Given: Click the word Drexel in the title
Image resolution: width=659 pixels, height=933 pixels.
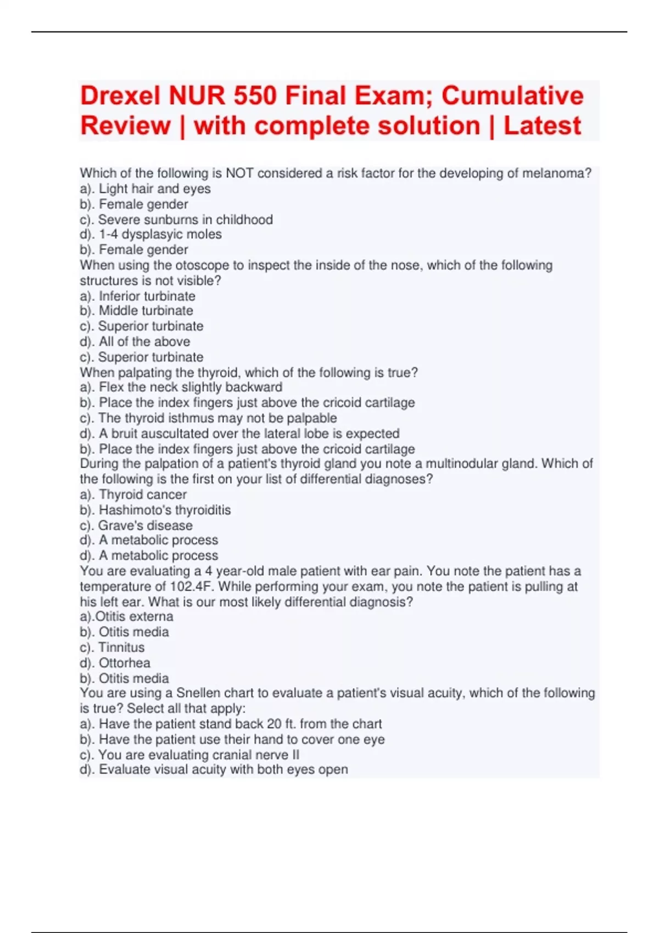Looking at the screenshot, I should click(120, 96).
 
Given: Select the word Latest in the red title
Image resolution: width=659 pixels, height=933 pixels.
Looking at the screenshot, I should click(542, 126).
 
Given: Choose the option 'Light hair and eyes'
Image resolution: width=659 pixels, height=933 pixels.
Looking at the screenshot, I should click(154, 189).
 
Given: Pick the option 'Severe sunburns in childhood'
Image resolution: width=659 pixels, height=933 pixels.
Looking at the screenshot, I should click(185, 220).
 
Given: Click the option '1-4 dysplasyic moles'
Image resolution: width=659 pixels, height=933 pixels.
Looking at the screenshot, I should click(160, 234).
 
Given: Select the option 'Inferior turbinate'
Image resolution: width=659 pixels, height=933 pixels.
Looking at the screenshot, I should click(147, 296).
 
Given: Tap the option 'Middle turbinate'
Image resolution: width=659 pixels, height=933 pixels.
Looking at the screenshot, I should click(146, 311).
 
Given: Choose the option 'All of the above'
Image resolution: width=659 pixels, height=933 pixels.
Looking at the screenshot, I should click(144, 341).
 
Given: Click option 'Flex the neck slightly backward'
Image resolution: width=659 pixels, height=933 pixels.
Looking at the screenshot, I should click(190, 387).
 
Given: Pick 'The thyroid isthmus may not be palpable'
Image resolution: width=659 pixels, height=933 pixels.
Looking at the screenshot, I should click(217, 418).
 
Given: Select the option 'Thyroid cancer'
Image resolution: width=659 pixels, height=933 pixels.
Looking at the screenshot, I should click(142, 494).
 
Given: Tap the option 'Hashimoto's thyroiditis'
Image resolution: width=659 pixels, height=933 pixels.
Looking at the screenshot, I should click(164, 510).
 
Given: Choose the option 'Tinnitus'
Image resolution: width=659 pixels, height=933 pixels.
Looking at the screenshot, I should click(121, 648).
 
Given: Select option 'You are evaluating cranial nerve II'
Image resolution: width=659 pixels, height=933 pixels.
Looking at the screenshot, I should click(198, 755).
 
